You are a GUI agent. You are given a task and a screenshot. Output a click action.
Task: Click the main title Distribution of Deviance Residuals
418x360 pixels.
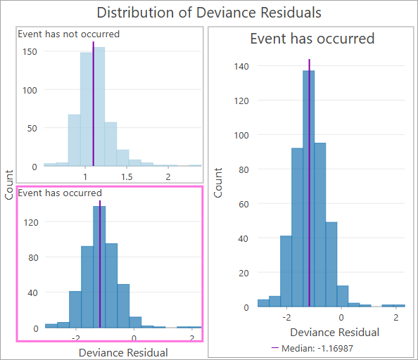point(208,13)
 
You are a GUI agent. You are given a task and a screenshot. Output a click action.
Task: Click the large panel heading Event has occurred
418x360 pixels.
point(312,39)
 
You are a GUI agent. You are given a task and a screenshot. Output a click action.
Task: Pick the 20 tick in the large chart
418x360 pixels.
point(243,273)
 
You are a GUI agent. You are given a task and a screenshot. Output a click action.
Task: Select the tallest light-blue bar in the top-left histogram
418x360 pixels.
point(99,105)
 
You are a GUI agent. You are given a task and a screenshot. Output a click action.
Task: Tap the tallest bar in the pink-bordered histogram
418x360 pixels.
point(100,267)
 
